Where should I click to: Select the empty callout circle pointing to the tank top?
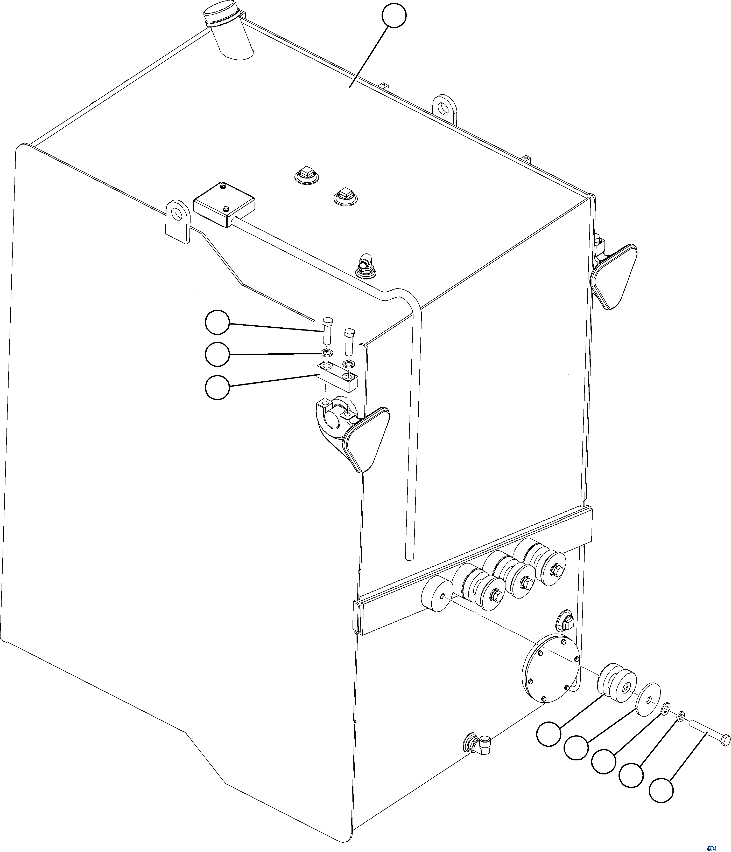[394, 16]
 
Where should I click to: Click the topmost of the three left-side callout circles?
[217, 323]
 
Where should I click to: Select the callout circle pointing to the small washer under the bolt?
[217, 354]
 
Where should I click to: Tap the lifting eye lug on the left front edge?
[178, 221]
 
